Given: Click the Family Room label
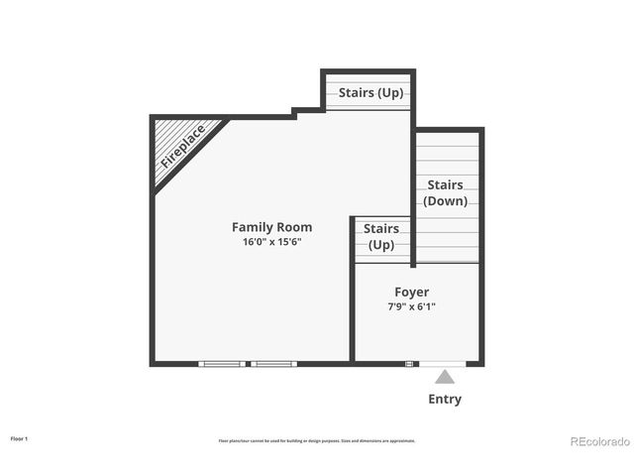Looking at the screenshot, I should [x=271, y=227].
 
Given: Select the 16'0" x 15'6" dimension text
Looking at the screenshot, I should [x=271, y=242].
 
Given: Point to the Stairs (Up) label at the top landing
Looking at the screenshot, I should [x=370, y=93].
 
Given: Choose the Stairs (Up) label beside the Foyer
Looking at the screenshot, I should [x=381, y=236].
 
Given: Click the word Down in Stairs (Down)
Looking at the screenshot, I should [x=446, y=200].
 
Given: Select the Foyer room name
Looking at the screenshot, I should [x=411, y=293].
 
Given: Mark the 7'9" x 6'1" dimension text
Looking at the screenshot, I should [x=411, y=307].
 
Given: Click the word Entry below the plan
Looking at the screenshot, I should [x=445, y=400].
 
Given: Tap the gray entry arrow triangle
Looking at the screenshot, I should [x=445, y=377].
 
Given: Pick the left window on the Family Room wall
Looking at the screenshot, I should [x=222, y=364].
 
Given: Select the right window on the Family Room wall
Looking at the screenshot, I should [x=273, y=364].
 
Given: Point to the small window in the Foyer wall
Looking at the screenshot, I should [x=409, y=364].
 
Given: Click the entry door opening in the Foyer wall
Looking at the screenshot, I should [x=443, y=364].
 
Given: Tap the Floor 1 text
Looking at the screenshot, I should [x=19, y=437].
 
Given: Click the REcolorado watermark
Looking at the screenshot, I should [x=599, y=441].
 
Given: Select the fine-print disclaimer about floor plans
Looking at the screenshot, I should [x=317, y=440].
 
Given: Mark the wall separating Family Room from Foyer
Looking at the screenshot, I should [x=352, y=297].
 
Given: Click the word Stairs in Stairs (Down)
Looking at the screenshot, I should [x=446, y=184].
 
